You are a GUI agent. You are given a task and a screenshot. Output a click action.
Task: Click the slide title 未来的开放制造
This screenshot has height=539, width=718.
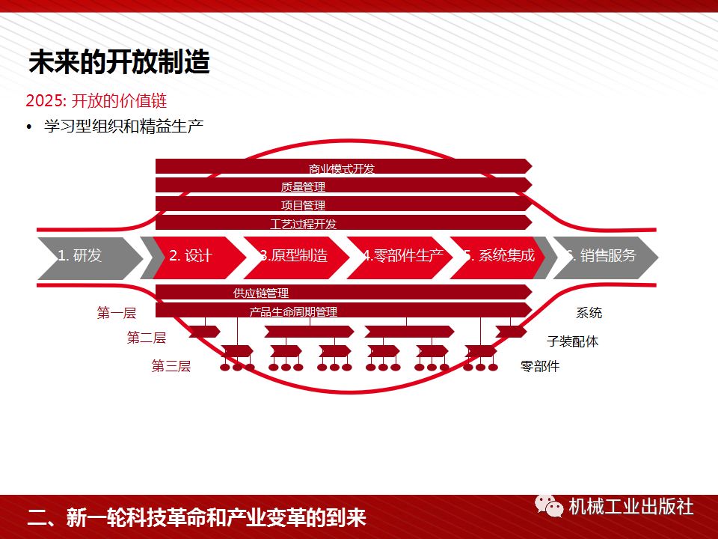[x=119, y=62]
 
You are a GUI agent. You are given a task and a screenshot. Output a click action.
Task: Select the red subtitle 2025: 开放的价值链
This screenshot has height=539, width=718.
[x=96, y=101]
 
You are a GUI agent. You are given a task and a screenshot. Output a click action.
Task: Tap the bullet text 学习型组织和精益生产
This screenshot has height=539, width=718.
[x=123, y=127]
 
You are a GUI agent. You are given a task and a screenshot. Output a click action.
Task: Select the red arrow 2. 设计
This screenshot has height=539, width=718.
[x=192, y=256]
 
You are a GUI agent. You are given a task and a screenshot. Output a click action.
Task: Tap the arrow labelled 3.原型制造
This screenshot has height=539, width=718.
[x=295, y=256]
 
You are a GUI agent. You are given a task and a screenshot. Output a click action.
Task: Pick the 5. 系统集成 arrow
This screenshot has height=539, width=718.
[x=499, y=256]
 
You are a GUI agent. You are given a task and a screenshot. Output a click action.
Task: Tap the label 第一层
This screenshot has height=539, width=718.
[x=117, y=313]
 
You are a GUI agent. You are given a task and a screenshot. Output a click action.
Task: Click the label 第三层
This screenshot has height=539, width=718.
[x=171, y=366]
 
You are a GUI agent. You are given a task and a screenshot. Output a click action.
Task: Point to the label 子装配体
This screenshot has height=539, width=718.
[x=572, y=341]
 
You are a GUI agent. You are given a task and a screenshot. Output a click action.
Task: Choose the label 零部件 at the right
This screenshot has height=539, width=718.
[x=540, y=366]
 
